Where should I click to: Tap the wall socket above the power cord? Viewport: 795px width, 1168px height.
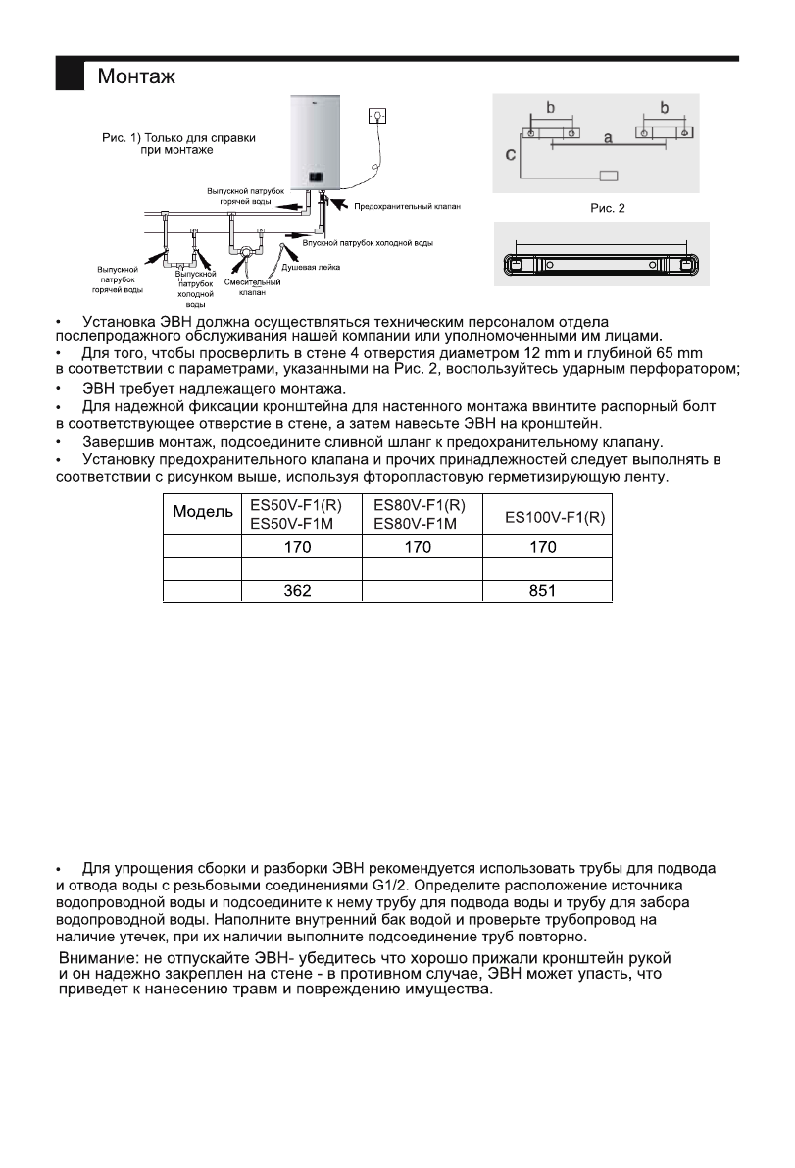coord(375,116)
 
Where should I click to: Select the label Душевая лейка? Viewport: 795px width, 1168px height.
coord(312,267)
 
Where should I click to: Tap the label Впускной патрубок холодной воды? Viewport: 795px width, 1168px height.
coord(367,241)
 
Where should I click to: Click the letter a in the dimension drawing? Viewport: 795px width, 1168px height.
coord(608,139)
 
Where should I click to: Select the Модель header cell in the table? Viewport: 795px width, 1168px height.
coord(204,512)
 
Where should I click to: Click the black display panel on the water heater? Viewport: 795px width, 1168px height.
coord(318,177)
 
